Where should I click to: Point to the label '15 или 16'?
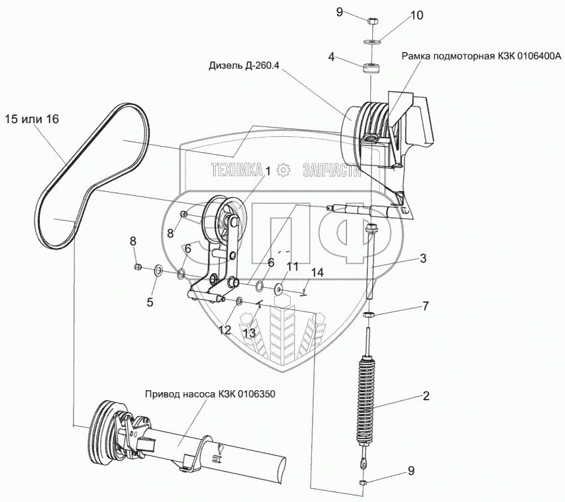tap(32, 120)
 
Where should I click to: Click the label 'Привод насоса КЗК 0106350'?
tap(209, 394)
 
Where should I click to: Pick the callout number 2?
tap(427, 397)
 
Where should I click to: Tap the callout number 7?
tap(427, 306)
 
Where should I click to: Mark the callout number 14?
tap(316, 272)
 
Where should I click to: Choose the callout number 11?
tap(292, 266)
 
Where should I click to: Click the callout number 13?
tap(248, 333)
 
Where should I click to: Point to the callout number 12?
tap(225, 330)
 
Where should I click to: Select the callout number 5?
tap(150, 302)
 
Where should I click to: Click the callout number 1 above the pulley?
tap(268, 171)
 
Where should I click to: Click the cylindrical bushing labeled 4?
tap(370, 68)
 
